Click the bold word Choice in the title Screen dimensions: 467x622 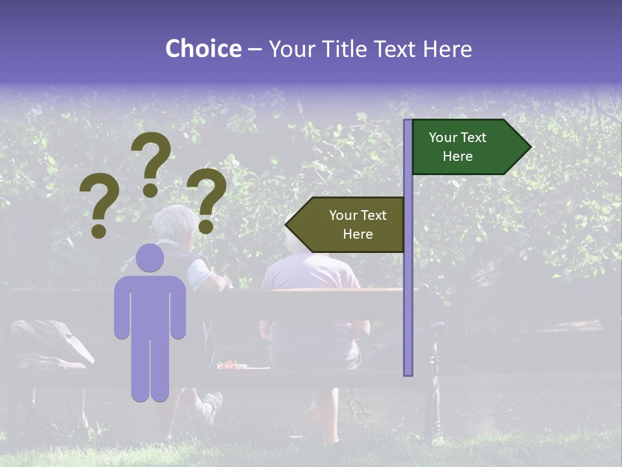(203, 49)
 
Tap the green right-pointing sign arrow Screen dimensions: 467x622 (471, 147)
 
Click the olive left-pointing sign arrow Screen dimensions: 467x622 (345, 224)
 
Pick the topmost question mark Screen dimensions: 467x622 (151, 162)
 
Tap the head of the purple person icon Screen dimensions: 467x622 (150, 258)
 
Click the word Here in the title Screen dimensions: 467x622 (447, 49)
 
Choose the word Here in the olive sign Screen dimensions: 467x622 (358, 234)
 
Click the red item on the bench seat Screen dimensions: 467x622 (230, 366)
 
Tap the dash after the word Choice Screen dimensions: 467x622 (255, 50)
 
